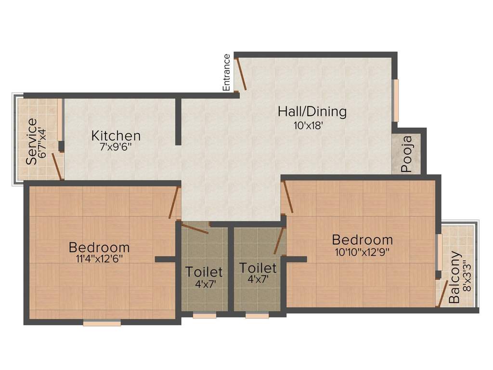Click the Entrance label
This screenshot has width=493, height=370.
pos(227,73)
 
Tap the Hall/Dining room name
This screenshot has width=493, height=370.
pos(312,112)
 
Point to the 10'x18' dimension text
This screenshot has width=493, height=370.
pos(309,126)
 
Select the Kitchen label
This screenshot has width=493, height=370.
pos(116,135)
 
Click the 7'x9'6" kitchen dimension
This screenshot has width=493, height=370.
pos(116,146)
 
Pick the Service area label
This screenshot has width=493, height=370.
pos(31,142)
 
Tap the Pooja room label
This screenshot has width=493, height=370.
pos(406,154)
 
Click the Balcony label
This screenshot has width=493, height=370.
pos(454,277)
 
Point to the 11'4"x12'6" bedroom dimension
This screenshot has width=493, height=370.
pos(99,259)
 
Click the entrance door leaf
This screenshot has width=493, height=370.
pos(241,74)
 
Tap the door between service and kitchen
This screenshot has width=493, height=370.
pos(58,166)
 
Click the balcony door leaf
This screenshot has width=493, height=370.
pos(443,293)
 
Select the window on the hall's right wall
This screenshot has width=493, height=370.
pos(396,100)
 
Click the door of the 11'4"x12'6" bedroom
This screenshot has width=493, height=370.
pos(174,203)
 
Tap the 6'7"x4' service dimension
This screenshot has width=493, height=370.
pos(43,142)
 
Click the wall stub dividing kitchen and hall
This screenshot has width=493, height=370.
pos(178,121)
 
